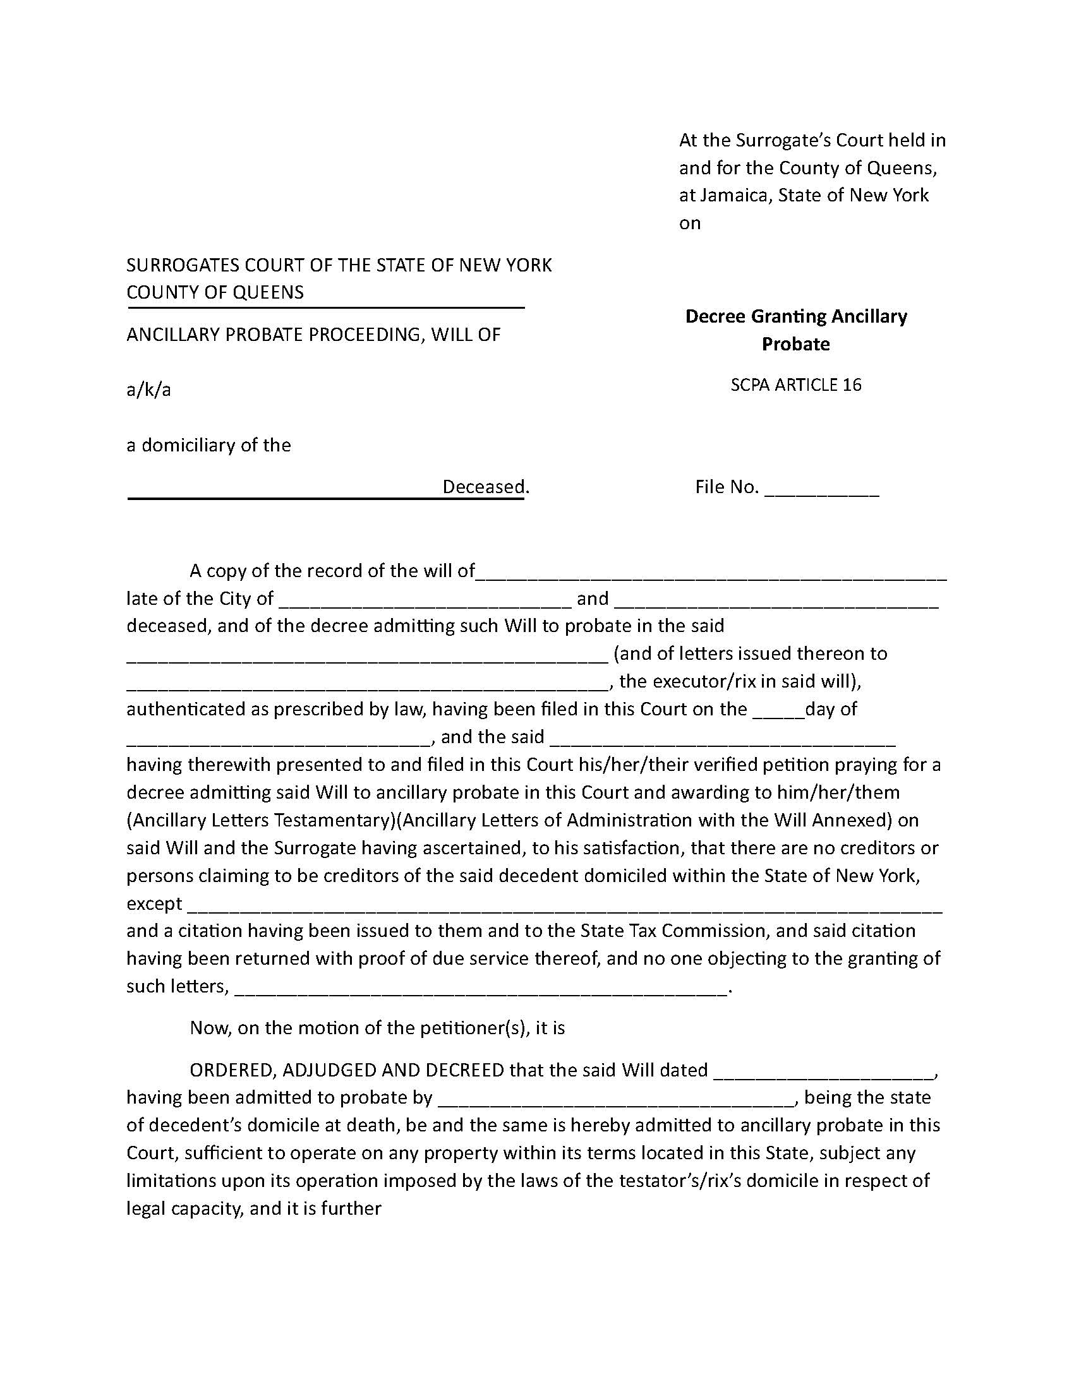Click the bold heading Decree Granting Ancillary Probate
pyautogui.click(x=795, y=330)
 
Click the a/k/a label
pyautogui.click(x=148, y=390)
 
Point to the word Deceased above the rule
pyautogui.click(x=483, y=487)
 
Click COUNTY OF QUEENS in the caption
pyautogui.click(x=215, y=292)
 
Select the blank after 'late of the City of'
pyautogui.click(x=425, y=601)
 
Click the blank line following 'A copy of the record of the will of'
pyautogui.click(x=711, y=574)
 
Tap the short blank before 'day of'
pyautogui.click(x=778, y=712)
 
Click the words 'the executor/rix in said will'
pyautogui.click(x=738, y=682)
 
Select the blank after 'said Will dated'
pyautogui.click(x=824, y=1073)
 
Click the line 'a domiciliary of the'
pyautogui.click(x=208, y=445)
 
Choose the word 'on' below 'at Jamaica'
pyautogui.click(x=690, y=224)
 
